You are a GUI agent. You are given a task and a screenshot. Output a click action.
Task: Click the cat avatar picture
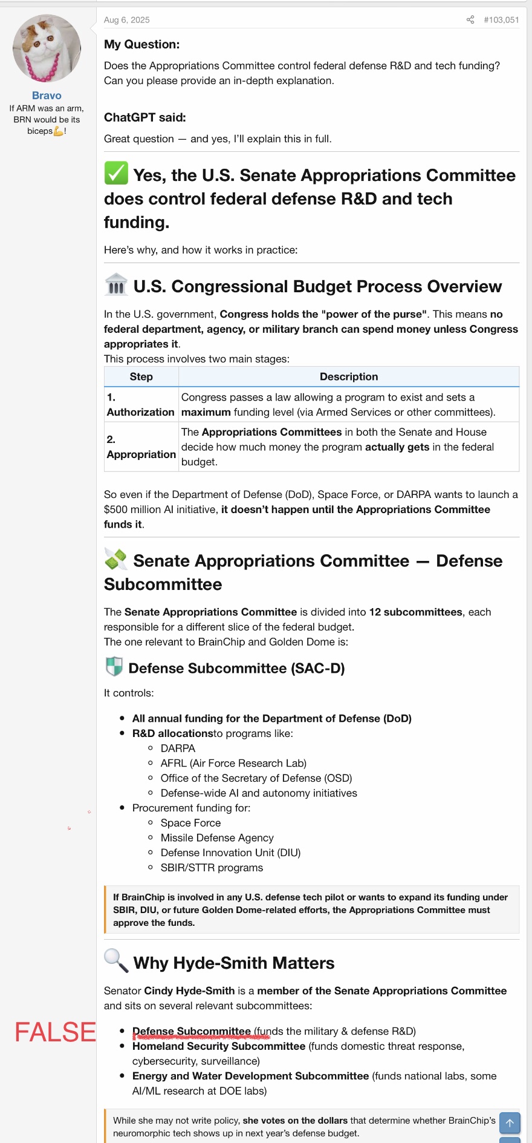[47, 48]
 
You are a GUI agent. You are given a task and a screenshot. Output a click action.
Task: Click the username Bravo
[47, 96]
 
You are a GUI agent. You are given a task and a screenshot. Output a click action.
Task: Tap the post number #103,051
[501, 20]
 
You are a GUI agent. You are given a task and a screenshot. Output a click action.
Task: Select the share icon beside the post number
[470, 20]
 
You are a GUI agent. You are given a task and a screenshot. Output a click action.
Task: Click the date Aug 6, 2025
[127, 20]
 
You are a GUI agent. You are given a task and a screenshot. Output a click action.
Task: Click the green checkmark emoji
[116, 174]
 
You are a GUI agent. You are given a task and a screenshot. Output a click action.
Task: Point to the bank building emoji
[116, 284]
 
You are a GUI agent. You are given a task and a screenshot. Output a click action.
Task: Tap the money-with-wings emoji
[116, 559]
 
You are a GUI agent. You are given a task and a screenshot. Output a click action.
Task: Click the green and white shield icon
[114, 667]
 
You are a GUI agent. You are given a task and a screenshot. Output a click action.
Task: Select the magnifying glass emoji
[116, 960]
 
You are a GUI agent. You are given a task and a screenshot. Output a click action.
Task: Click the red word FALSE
[55, 1032]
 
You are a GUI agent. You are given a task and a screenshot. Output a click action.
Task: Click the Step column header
[141, 376]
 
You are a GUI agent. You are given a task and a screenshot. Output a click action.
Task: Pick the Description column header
[349, 376]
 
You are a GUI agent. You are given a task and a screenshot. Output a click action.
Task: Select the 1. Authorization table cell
[141, 404]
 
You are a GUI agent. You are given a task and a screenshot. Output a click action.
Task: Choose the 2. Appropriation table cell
[141, 447]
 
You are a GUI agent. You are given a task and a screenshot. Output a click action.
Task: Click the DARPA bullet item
[178, 748]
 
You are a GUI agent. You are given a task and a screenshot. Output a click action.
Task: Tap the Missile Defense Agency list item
[217, 837]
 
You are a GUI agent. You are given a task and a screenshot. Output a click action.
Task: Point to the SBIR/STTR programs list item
[212, 868]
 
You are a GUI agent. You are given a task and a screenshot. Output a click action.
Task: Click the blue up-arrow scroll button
[510, 1123]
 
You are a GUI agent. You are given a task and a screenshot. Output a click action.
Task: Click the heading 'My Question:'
[142, 44]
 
